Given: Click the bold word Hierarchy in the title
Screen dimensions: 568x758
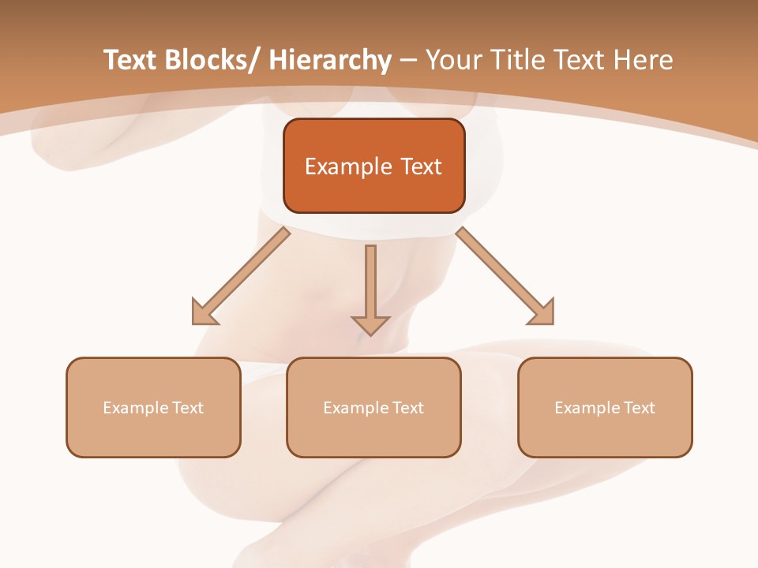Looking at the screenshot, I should tap(329, 60).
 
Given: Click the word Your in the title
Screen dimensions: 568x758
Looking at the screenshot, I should tap(453, 60).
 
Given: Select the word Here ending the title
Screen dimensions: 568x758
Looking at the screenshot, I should tap(644, 60).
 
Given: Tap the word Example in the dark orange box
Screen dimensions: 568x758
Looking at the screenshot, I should tap(348, 166).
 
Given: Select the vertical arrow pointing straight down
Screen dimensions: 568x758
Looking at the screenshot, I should tap(370, 288).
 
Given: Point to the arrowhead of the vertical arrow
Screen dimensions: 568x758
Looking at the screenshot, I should tap(370, 324).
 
